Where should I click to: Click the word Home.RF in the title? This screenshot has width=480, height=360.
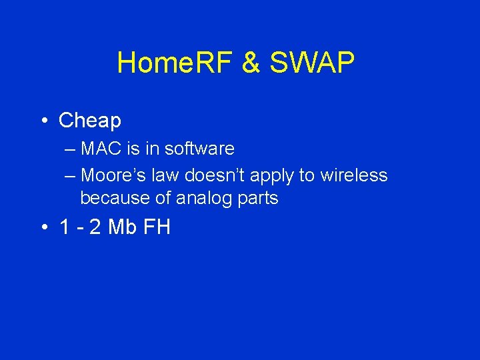click(174, 63)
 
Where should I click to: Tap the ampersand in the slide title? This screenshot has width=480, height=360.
click(251, 63)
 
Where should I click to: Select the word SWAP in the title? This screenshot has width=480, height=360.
click(312, 63)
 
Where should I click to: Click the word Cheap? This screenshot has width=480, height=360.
click(90, 121)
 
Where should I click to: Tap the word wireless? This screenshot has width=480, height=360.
click(353, 175)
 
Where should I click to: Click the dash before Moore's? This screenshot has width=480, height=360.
click(71, 176)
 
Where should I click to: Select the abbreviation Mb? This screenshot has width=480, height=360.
click(121, 227)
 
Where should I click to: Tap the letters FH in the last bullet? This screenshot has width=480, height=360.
click(157, 227)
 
